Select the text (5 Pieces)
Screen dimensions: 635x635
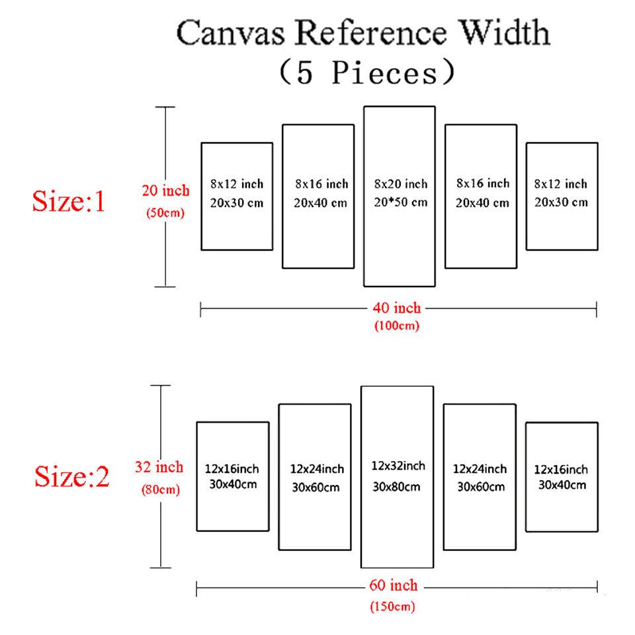coord(367,72)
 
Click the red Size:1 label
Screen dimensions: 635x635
coord(69,201)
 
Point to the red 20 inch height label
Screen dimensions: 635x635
coord(165,191)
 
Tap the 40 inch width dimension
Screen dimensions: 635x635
coord(397,308)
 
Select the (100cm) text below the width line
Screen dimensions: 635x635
coord(397,325)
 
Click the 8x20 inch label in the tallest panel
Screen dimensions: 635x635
coord(400,184)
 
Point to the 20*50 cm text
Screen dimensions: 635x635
coord(400,202)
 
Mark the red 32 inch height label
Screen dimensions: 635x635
coord(159,468)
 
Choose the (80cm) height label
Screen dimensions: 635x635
coord(159,490)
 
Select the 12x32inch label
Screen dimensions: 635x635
coord(398,466)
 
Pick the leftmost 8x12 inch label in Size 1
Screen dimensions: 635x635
coord(237,183)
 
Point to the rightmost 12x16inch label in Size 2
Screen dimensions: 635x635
coord(561,470)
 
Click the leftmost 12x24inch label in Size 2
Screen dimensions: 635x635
coord(317,469)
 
